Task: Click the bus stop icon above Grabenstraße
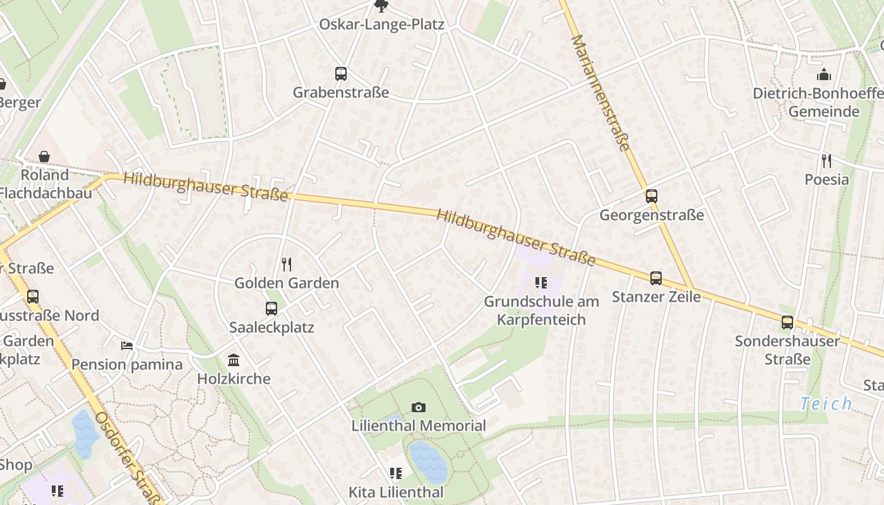[341, 74]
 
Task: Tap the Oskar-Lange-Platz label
[381, 25]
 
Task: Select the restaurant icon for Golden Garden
[287, 264]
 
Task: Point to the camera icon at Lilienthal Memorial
[418, 408]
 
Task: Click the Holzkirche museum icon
[234, 360]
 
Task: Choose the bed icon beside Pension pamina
[127, 345]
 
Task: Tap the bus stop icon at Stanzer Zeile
[656, 278]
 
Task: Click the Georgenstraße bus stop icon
[651, 196]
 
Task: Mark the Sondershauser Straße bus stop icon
[787, 323]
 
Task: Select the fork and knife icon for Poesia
[826, 160]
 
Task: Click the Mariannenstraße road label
[600, 93]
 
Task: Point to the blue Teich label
[826, 403]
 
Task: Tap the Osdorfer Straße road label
[129, 458]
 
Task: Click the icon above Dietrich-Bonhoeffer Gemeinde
[824, 75]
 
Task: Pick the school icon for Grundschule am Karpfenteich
[541, 283]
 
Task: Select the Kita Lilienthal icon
[396, 473]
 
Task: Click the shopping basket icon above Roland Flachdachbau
[44, 156]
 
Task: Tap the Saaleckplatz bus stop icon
[272, 309]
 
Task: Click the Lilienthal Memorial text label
[419, 426]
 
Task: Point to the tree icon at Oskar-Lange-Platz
[381, 6]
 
